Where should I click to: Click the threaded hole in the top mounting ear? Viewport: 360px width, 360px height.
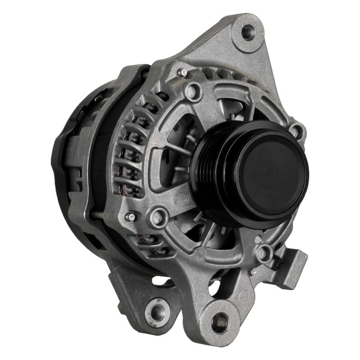[248, 32]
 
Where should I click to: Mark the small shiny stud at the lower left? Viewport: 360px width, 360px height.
[130, 217]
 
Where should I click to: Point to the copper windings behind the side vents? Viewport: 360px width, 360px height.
[133, 148]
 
